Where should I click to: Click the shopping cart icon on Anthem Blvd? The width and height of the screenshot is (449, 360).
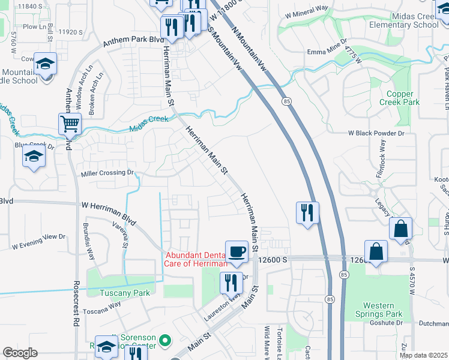pos(70,124)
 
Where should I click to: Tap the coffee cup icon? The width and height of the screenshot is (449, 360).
pos(237,251)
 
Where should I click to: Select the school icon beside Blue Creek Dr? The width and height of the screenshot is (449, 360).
pos(34,157)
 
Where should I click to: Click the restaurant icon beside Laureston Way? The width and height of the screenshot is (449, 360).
pos(231,282)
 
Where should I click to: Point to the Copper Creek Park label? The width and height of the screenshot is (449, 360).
pos(403,98)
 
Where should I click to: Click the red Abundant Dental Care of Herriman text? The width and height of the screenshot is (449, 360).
pos(196,259)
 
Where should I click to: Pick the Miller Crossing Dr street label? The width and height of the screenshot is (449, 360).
pos(107,173)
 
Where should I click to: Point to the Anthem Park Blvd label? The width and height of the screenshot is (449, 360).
pos(134,41)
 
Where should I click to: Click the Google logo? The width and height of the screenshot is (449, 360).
pos(20,353)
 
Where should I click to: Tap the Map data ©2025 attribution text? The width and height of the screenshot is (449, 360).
pos(424,355)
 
